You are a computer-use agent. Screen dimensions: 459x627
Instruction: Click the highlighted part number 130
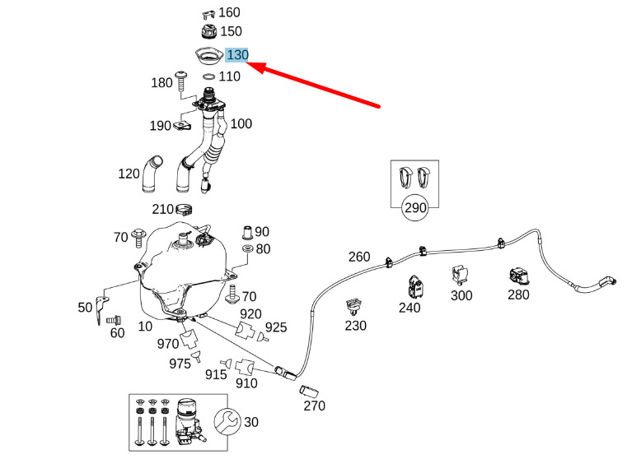click(x=237, y=55)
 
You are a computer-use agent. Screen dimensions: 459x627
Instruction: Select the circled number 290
click(x=415, y=208)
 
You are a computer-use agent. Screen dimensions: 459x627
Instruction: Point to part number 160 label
click(x=230, y=13)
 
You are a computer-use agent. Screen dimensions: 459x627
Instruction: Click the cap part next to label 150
click(x=208, y=33)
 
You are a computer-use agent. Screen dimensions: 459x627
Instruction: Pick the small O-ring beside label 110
click(x=208, y=76)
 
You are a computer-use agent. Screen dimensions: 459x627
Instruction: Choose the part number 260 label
click(x=359, y=257)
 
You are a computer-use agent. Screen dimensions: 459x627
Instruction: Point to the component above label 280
click(x=518, y=276)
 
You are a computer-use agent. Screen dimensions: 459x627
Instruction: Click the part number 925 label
click(x=276, y=327)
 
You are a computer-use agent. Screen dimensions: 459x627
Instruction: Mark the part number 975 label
click(x=180, y=363)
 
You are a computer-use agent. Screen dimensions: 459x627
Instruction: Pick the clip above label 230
click(x=354, y=308)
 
